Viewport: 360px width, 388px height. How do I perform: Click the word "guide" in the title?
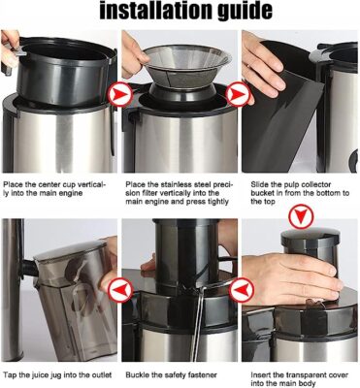tap(243, 12)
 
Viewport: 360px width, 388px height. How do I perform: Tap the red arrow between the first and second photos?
tap(120, 95)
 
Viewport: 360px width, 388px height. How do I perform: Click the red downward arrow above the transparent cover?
tap(301, 216)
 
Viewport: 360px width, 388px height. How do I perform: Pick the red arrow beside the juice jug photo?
tap(120, 290)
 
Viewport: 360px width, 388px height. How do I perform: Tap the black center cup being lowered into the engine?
tap(65, 72)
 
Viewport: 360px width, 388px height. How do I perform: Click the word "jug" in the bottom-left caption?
tap(55, 375)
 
